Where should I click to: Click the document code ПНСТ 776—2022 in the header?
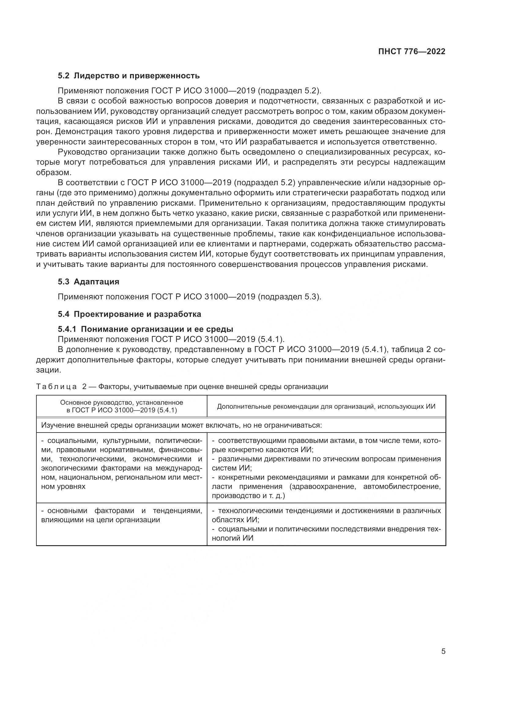(x=411, y=52)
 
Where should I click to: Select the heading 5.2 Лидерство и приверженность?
(x=128, y=76)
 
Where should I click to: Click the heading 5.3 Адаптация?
(x=88, y=282)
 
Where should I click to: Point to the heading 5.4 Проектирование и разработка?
(x=129, y=314)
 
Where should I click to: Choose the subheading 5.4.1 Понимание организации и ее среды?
(x=146, y=329)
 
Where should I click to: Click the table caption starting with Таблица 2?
(x=182, y=387)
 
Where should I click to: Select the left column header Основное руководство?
(x=121, y=406)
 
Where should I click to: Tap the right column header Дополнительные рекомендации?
(x=326, y=406)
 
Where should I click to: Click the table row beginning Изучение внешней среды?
(x=181, y=425)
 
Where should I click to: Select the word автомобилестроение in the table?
(x=402, y=486)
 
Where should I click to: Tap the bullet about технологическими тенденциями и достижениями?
(x=326, y=515)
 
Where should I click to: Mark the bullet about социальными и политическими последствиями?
(x=326, y=534)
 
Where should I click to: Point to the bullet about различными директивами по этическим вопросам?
(x=326, y=463)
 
